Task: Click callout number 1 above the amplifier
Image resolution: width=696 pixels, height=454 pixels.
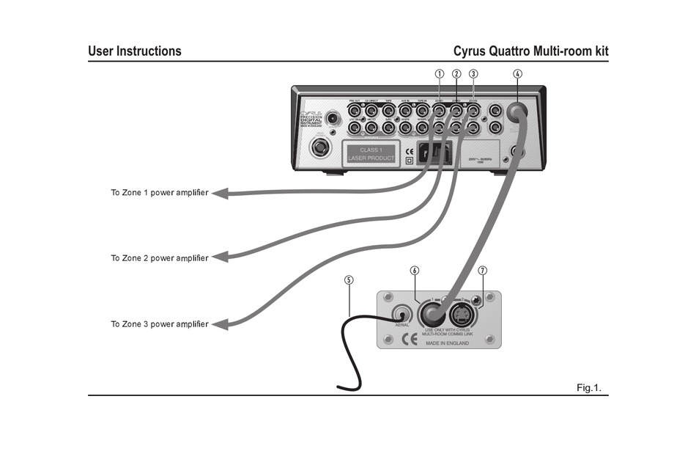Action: click(x=440, y=73)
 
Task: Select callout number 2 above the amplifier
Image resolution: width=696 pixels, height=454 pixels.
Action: click(x=456, y=73)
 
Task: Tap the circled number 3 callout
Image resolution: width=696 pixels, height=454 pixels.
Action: click(x=473, y=73)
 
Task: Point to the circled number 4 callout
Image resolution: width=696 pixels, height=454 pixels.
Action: click(x=517, y=73)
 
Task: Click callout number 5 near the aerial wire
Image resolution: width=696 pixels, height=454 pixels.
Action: click(x=349, y=279)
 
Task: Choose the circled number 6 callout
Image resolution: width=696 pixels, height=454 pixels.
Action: click(x=415, y=270)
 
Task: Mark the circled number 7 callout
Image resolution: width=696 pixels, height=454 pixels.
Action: click(x=482, y=270)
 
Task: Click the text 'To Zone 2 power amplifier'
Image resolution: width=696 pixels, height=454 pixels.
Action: click(x=159, y=258)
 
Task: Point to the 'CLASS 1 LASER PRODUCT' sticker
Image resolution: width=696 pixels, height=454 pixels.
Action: click(x=371, y=154)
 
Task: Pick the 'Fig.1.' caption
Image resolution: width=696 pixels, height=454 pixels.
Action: click(x=588, y=387)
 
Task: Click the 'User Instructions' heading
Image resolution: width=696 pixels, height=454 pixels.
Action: click(x=135, y=51)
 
